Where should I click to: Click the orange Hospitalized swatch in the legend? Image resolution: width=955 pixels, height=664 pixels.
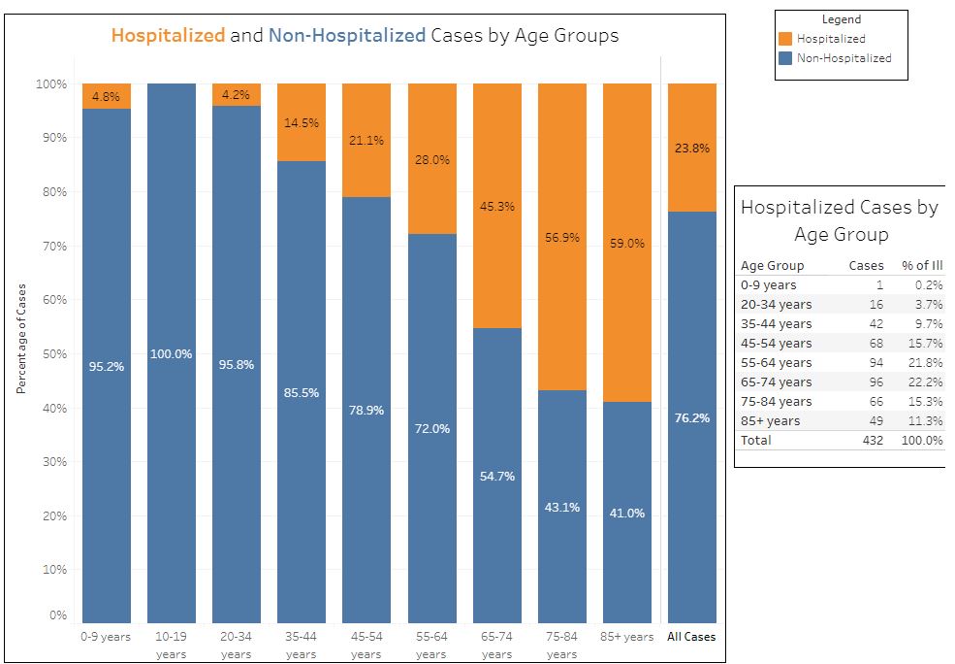785,39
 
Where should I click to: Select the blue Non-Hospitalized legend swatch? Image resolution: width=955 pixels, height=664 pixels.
785,58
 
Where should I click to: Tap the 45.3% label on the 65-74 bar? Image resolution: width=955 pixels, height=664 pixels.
496,207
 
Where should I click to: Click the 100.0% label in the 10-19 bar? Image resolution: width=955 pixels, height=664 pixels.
172,354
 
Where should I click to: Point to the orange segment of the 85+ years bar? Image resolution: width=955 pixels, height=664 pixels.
627,243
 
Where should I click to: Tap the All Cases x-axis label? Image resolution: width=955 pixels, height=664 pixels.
691,637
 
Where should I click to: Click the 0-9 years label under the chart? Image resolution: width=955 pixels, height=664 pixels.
107,637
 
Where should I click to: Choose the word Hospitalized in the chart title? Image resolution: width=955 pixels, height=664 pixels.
168,37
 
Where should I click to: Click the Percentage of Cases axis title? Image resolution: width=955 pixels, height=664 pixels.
20,339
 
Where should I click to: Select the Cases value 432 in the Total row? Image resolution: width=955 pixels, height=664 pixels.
871,440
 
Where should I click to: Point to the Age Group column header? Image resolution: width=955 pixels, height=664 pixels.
772,265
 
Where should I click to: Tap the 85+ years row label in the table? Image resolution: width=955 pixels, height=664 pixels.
770,420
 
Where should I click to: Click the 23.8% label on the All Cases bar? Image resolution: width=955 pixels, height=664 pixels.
692,149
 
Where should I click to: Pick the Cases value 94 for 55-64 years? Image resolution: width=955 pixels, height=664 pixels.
875,362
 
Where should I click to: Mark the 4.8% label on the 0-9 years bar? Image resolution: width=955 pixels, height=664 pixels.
107,96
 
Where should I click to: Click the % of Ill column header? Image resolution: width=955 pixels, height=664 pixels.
921,265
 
